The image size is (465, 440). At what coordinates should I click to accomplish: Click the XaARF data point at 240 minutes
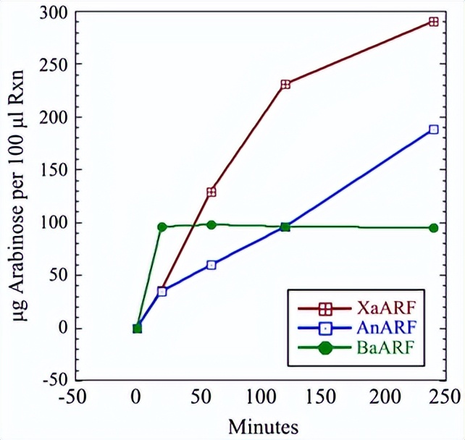[433, 22]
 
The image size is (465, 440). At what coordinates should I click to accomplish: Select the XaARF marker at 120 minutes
[285, 84]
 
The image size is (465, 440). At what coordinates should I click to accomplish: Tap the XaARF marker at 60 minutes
[211, 192]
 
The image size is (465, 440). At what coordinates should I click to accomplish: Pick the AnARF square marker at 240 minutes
[433, 130]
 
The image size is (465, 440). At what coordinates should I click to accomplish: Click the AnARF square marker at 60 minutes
[211, 265]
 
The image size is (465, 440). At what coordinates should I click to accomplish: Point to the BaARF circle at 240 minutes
[433, 228]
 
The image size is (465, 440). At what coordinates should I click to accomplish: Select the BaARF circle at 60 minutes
[211, 224]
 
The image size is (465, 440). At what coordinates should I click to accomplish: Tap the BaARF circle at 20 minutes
[162, 227]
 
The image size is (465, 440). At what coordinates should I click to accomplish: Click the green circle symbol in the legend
[325, 348]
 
